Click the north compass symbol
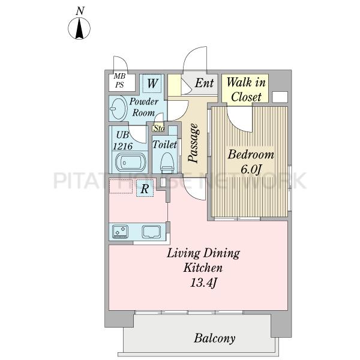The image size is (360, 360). coord(79,28)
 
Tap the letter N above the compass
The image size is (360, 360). coord(80,11)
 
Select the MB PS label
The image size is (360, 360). coord(119,80)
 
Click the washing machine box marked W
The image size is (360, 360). coord(152,83)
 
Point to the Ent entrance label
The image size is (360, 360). coord(204,83)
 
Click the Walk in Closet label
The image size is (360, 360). coord(246,90)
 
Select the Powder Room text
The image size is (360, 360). coord(144,107)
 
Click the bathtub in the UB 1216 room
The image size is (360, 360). coord(130,163)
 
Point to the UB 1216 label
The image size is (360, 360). coord(123,140)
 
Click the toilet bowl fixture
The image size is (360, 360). coord(167,163)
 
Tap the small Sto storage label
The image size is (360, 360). coord(159,128)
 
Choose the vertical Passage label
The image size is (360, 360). coord(193,143)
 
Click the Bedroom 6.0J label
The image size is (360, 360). coord(251,161)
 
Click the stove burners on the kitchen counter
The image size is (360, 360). coord(121,232)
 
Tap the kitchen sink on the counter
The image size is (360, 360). coord(151,232)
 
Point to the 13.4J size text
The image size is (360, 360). coord(203,283)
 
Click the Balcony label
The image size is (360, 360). coord(215,338)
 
